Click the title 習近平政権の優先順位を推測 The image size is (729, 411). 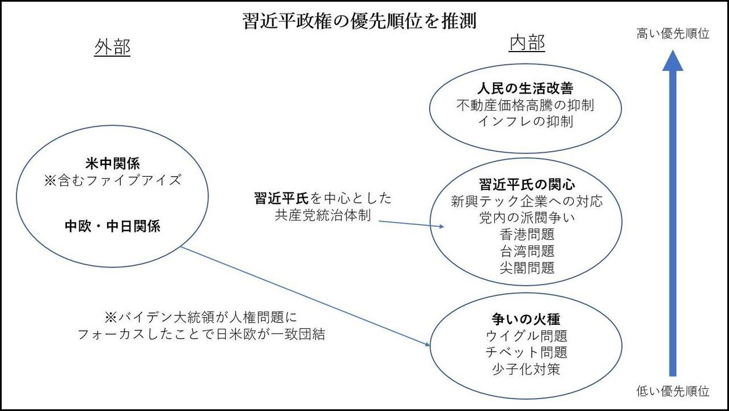click(359, 22)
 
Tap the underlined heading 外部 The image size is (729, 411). click(112, 48)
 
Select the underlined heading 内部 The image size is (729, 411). click(527, 43)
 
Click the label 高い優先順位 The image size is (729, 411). click(673, 34)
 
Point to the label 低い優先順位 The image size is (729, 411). click(673, 391)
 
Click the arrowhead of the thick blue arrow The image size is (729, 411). click(673, 60)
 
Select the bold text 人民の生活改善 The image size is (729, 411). click(525, 89)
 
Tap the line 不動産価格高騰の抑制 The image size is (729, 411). click(525, 105)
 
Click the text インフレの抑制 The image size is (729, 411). click(525, 121)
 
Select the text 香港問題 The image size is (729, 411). click(527, 234)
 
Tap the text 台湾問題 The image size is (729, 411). click(527, 251)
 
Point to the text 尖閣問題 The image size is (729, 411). click(527, 267)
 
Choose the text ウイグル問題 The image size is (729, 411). click(527, 336)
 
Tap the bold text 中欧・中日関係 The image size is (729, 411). click(112, 227)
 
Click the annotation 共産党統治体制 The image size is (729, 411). click(323, 215)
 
